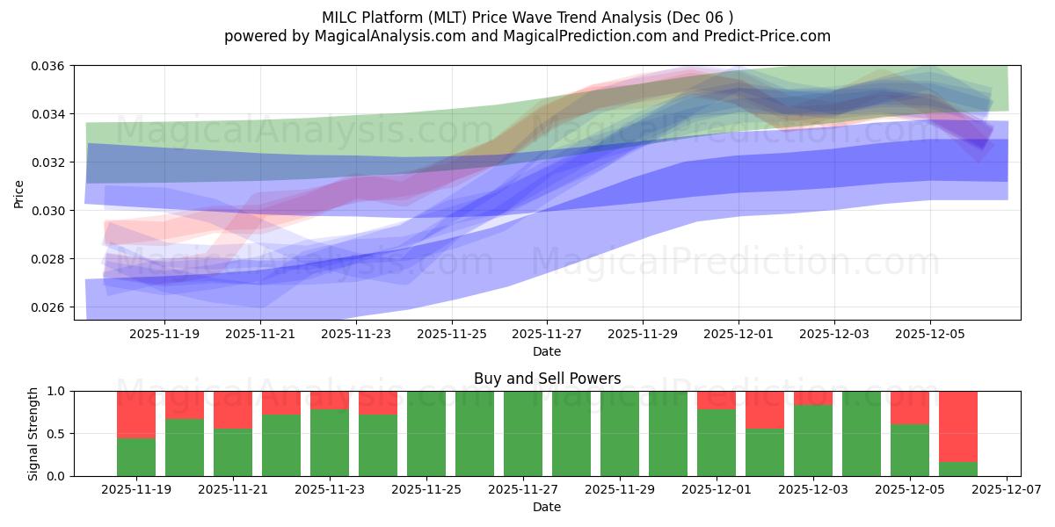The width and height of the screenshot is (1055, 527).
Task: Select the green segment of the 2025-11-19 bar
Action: [x=136, y=457]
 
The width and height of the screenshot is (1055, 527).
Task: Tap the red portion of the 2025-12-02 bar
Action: [x=765, y=409]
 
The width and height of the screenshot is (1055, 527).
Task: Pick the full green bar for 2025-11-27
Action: [x=523, y=434]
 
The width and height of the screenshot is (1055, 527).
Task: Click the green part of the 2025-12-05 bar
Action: [x=910, y=450]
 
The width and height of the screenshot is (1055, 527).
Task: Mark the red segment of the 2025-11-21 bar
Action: [x=233, y=409]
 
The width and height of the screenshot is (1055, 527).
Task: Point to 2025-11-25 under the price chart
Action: [x=451, y=335]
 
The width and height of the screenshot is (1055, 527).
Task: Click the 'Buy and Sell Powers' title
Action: [x=547, y=379]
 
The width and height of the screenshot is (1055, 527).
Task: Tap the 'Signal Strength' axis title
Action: [x=33, y=434]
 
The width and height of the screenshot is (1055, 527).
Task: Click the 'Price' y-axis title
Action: [x=19, y=193]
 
